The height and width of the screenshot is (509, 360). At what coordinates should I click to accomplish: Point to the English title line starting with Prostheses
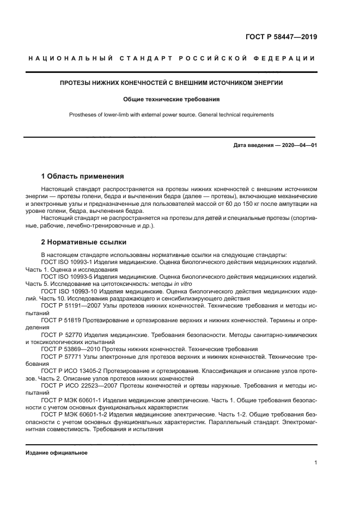click(x=171, y=115)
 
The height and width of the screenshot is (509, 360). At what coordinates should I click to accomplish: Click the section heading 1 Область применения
click(x=83, y=176)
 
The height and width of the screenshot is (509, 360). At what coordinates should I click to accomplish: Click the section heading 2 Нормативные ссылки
click(x=84, y=242)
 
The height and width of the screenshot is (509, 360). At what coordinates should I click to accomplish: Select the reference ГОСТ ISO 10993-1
click(x=68, y=262)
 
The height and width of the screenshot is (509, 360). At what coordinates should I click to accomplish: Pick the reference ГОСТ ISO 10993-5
click(x=68, y=277)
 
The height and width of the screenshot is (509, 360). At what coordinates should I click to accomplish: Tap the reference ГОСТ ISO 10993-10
click(x=70, y=291)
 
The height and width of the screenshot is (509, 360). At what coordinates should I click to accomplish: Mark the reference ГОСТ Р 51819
click(x=62, y=321)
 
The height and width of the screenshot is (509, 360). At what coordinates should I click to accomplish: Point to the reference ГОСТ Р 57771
click(x=62, y=357)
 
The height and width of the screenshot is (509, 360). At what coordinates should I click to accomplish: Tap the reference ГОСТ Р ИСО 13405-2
click(x=72, y=371)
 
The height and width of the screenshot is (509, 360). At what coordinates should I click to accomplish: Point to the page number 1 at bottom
click(x=316, y=463)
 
